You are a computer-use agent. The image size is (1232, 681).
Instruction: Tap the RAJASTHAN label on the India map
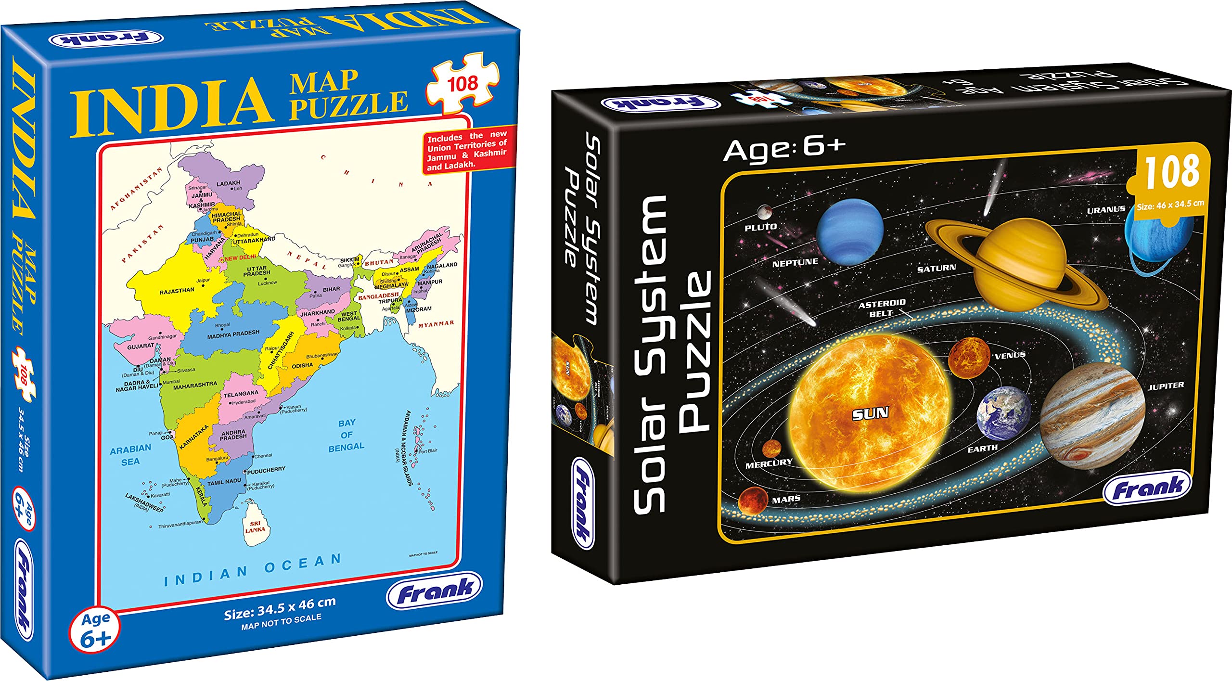click(x=177, y=291)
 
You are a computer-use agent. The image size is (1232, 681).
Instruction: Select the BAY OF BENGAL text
click(x=346, y=435)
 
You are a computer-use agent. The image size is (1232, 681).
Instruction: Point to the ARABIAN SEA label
click(x=130, y=455)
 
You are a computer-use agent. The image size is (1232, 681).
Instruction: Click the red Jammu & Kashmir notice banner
click(x=467, y=150)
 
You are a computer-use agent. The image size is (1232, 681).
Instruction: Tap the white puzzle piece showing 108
click(x=462, y=85)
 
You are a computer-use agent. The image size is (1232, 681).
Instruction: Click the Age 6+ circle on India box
click(x=95, y=630)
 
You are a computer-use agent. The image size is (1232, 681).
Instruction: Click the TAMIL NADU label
click(x=224, y=482)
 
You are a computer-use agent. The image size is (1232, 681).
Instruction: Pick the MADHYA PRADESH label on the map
click(x=233, y=334)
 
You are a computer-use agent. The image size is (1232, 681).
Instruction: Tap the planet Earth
click(x=1004, y=414)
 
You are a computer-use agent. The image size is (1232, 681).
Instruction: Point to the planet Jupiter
click(x=1092, y=416)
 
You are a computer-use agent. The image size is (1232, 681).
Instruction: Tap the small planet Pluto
click(x=764, y=211)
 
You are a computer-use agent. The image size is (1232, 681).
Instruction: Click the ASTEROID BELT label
click(x=882, y=308)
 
